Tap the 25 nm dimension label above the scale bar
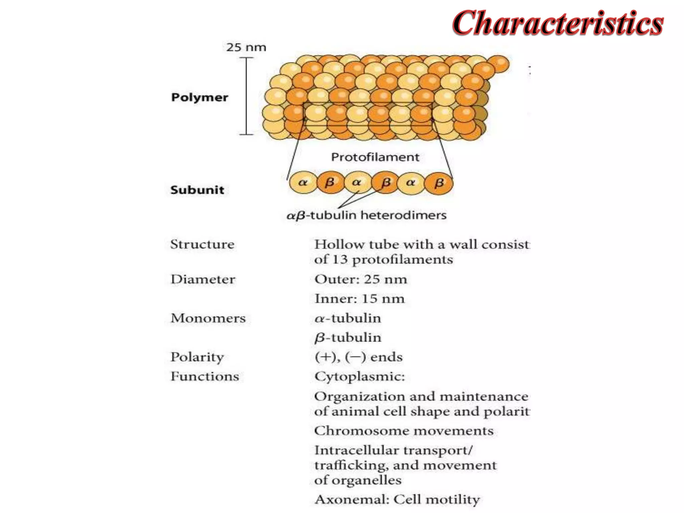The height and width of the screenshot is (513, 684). coord(246,47)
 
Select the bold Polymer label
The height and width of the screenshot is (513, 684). coord(200,97)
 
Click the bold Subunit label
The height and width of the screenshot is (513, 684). coord(197,190)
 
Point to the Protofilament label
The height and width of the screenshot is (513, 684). coord(375,157)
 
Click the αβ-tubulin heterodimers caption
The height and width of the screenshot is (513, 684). coord(366,215)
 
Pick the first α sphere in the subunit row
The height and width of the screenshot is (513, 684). coord(303,182)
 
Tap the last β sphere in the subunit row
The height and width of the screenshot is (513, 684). coord(439,182)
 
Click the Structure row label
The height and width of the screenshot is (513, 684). coord(202,244)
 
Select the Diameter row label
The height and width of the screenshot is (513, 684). coord(203,279)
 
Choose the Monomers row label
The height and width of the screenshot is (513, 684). coord(208,318)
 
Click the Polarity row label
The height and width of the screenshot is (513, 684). coord(197,357)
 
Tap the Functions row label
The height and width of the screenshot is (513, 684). coord(205,376)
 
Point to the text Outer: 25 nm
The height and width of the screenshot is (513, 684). coord(361,279)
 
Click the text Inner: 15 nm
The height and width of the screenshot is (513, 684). coord(359,299)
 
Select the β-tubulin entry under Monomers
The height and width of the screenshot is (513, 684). coord(348,338)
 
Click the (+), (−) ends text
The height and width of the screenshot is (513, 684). coord(358,357)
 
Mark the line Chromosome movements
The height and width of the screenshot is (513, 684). coord(404,431)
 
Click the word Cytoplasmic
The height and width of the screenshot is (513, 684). coord(359,376)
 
